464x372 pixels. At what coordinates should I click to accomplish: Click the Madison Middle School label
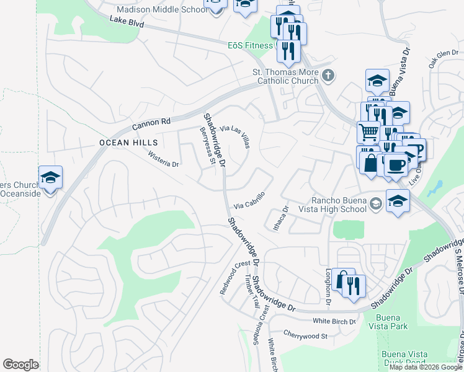[x=163, y=10]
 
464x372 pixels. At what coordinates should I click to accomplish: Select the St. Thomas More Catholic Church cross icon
[x=328, y=76]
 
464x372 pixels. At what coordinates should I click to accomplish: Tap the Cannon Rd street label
[x=151, y=124]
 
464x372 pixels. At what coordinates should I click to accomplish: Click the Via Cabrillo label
[x=249, y=200]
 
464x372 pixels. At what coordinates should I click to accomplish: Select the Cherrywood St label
[x=305, y=336]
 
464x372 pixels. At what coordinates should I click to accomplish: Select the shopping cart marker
[x=368, y=131]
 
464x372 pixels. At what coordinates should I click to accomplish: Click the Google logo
[x=21, y=365]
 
